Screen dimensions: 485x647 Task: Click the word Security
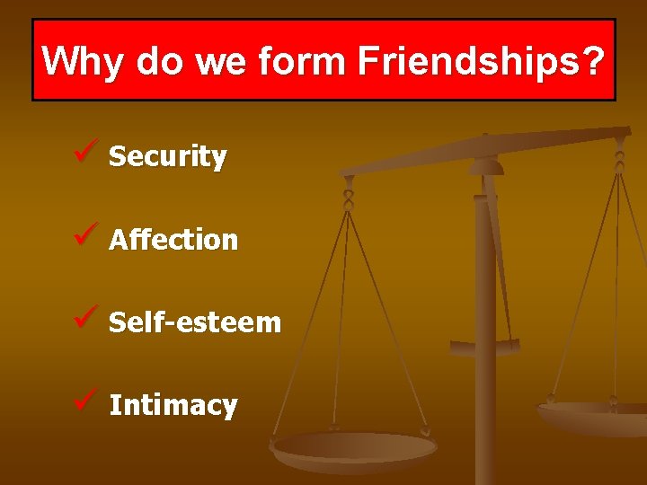(167, 157)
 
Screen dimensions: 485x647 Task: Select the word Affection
(173, 240)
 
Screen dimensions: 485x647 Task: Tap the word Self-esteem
(195, 322)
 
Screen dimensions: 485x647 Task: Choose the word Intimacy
(173, 405)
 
